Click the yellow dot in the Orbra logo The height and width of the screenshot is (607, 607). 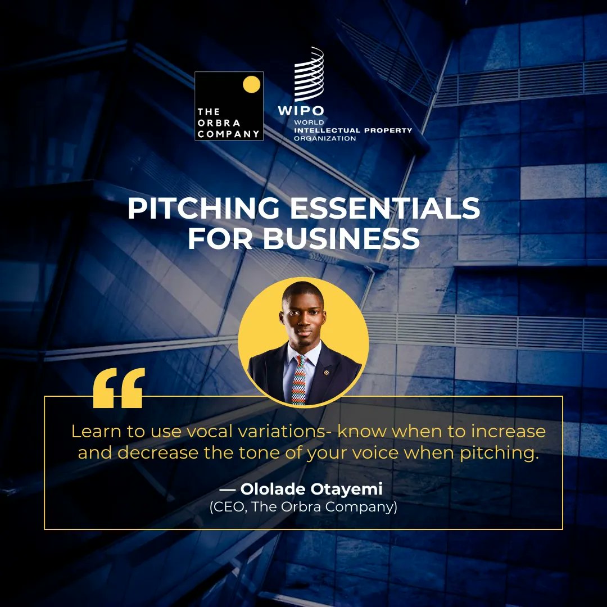point(251,84)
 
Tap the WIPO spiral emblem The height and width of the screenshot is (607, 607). point(309,74)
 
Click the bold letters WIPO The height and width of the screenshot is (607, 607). point(301,110)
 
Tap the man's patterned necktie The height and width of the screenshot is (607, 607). point(300,380)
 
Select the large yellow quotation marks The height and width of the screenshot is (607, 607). point(119,388)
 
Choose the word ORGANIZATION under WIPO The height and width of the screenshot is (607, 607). point(325,138)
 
